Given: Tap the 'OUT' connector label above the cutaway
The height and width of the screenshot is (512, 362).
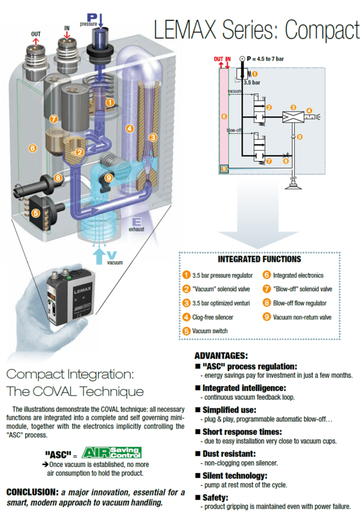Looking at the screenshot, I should pos(36,34).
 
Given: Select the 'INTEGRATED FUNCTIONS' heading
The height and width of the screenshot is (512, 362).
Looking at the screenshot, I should pos(259,259).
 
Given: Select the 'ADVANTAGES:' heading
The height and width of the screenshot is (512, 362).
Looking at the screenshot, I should pos(221,355).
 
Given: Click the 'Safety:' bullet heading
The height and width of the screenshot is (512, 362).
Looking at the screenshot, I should pos(215,498).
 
